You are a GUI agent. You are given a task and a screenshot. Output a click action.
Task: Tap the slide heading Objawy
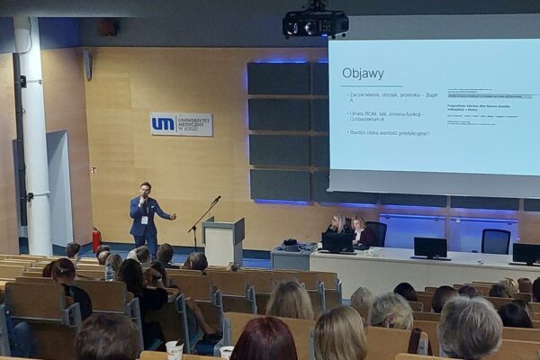[x=363, y=73]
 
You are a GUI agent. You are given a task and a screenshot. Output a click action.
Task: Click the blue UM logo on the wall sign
[x=163, y=124]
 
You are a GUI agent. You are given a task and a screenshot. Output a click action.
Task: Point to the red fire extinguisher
[x=96, y=238]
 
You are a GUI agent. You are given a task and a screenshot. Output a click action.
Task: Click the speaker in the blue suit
[x=144, y=216]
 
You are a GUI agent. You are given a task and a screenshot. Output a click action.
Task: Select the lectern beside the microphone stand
[x=222, y=240]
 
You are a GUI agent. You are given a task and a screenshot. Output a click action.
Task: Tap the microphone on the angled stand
[x=216, y=199]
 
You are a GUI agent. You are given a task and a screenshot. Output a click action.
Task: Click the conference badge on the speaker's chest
[x=144, y=219]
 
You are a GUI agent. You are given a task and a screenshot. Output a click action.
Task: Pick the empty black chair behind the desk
[x=495, y=240]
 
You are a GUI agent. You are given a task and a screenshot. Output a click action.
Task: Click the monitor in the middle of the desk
[x=429, y=247]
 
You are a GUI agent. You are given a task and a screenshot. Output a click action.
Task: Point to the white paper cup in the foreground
[x=174, y=349]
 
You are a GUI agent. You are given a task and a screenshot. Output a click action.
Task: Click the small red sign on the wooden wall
[x=93, y=169]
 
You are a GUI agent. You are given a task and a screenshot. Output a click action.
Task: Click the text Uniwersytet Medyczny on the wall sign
[x=192, y=124]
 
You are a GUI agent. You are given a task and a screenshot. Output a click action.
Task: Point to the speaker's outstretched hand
[x=172, y=216]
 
